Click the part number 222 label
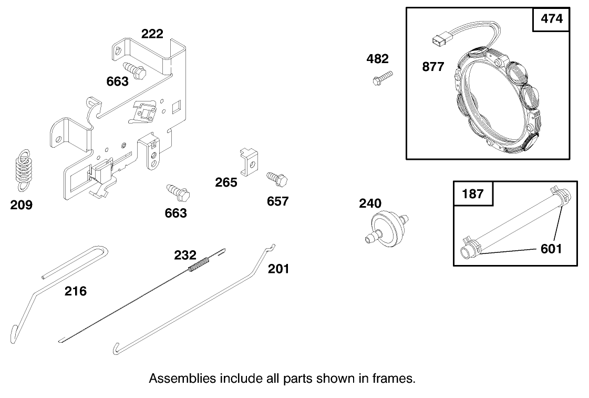pyautogui.click(x=152, y=34)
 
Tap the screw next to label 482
pyautogui.click(x=382, y=78)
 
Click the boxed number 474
pyautogui.click(x=551, y=19)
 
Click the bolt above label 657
pyautogui.click(x=277, y=179)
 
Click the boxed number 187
pyautogui.click(x=472, y=193)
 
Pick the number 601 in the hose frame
pyautogui.click(x=551, y=248)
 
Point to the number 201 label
pyautogui.click(x=278, y=269)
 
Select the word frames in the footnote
pyautogui.click(x=397, y=379)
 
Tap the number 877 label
pyautogui.click(x=433, y=67)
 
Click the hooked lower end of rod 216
pyautogui.click(x=15, y=333)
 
